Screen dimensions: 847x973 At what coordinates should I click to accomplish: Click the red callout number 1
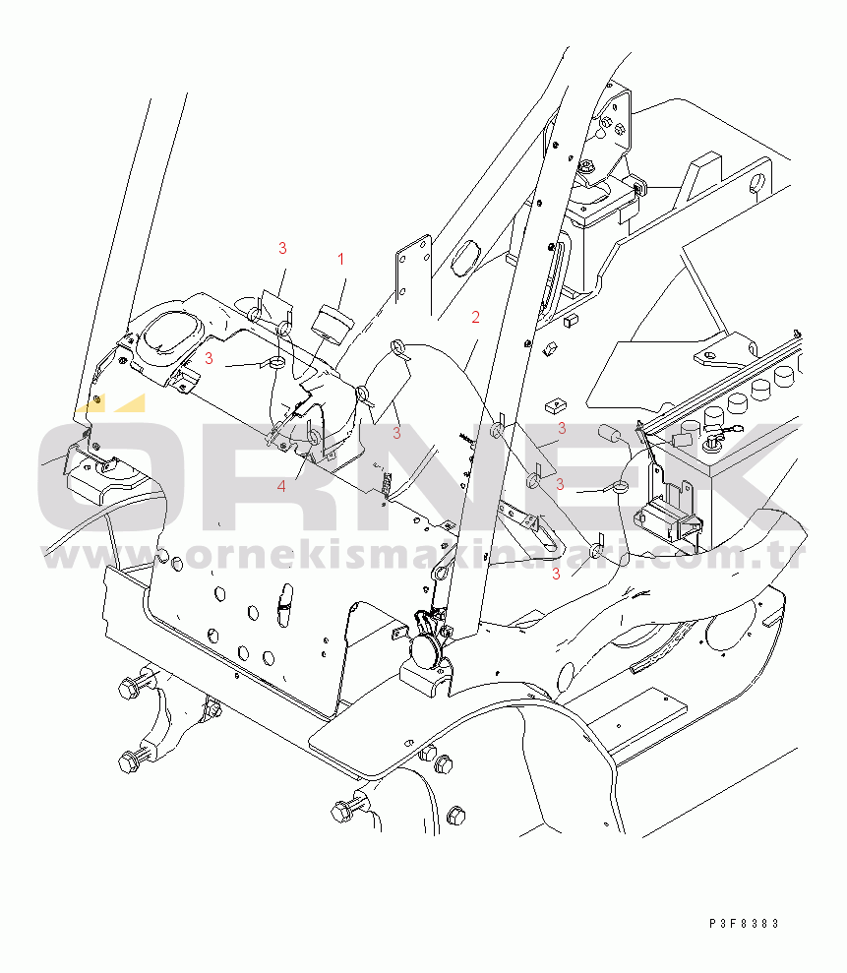click(340, 259)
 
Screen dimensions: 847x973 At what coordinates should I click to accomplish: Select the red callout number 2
click(475, 317)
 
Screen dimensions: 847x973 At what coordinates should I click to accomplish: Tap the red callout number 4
click(281, 486)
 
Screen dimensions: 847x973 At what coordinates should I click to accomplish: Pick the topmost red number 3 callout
click(282, 248)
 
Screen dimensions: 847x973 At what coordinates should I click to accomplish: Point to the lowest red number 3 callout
click(556, 575)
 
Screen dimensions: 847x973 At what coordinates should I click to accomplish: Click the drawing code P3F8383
click(744, 924)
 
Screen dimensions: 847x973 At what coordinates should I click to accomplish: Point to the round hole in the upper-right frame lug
click(756, 184)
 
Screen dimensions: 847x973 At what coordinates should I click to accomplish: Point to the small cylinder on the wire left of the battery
click(609, 434)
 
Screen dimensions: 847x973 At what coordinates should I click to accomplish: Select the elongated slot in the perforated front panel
click(285, 605)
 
